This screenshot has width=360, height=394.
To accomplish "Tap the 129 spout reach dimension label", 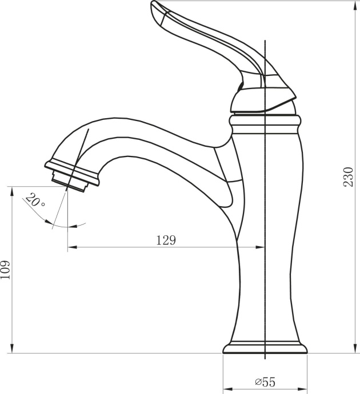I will pos(166,240).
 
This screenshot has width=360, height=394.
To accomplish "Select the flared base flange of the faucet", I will pos(265,348).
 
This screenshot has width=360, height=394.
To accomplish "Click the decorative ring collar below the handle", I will pos(265,121).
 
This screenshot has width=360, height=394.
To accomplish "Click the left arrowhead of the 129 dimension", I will pos(71,247).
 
